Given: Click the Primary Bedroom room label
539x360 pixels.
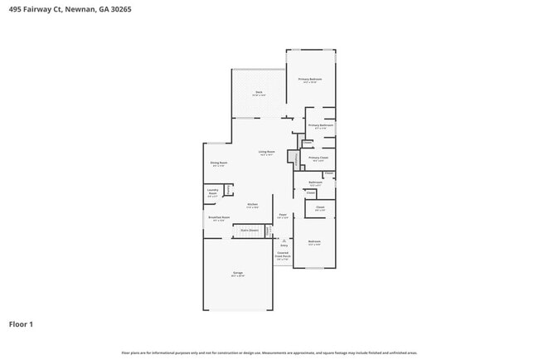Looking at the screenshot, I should coord(310,80).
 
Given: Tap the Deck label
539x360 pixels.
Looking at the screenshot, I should coord(259,91).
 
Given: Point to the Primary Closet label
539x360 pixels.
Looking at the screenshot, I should coord(318,158).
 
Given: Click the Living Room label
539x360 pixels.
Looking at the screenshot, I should coord(266,152).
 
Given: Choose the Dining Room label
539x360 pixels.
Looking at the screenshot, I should coord(218,163).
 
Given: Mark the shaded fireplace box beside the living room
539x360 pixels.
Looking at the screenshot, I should coord(292,158).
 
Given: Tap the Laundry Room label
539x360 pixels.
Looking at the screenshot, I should coord(212,194).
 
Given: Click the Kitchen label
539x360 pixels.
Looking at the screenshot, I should coord(253,204).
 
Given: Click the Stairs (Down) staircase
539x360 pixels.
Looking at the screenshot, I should coord(250,231).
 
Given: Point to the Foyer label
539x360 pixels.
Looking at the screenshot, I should coord(282,216).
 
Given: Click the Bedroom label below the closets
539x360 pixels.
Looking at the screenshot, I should coord(314,242).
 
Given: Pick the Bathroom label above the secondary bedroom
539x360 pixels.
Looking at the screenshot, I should coord(315,182).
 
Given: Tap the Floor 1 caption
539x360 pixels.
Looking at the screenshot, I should coord(21,324).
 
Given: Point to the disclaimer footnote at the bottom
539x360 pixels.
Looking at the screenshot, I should coord(269,352).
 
